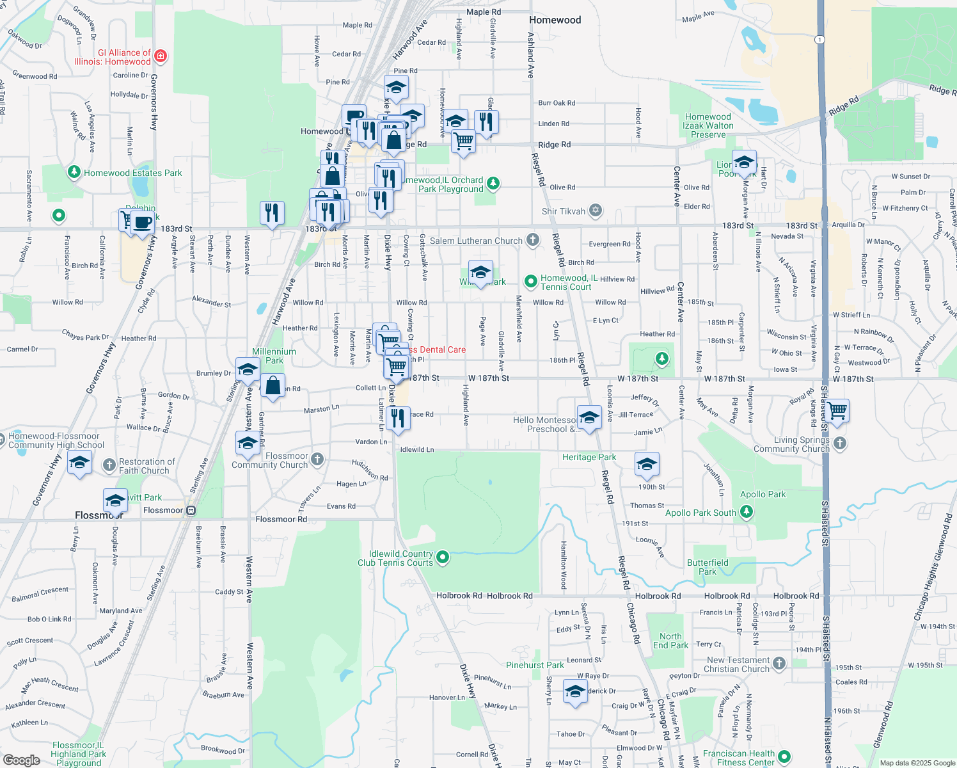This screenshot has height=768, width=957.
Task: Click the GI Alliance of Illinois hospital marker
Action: [161, 56]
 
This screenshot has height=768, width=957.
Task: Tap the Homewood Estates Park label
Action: [132, 173]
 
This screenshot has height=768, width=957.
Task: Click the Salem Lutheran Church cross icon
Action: [532, 240]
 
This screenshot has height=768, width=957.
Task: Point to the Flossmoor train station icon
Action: [191, 510]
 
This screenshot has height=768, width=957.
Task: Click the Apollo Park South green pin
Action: [746, 511]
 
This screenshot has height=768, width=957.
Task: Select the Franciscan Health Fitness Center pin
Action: [784, 756]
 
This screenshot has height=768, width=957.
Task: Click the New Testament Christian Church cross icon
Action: [779, 663]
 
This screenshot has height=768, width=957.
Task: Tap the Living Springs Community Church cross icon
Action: [840, 443]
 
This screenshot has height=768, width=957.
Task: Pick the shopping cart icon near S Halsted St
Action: [837, 411]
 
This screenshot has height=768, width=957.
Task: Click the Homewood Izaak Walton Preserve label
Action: [708, 125]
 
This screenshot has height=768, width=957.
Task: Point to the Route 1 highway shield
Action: [819, 40]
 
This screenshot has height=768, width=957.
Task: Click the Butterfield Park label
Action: [708, 567]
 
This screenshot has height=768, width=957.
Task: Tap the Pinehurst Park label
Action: [535, 665]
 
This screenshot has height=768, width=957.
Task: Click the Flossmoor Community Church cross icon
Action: [317, 459]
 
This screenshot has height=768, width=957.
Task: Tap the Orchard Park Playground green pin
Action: [493, 184]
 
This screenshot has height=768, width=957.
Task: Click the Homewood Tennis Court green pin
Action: [530, 281]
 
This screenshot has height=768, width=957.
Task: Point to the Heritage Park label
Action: [589, 457]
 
